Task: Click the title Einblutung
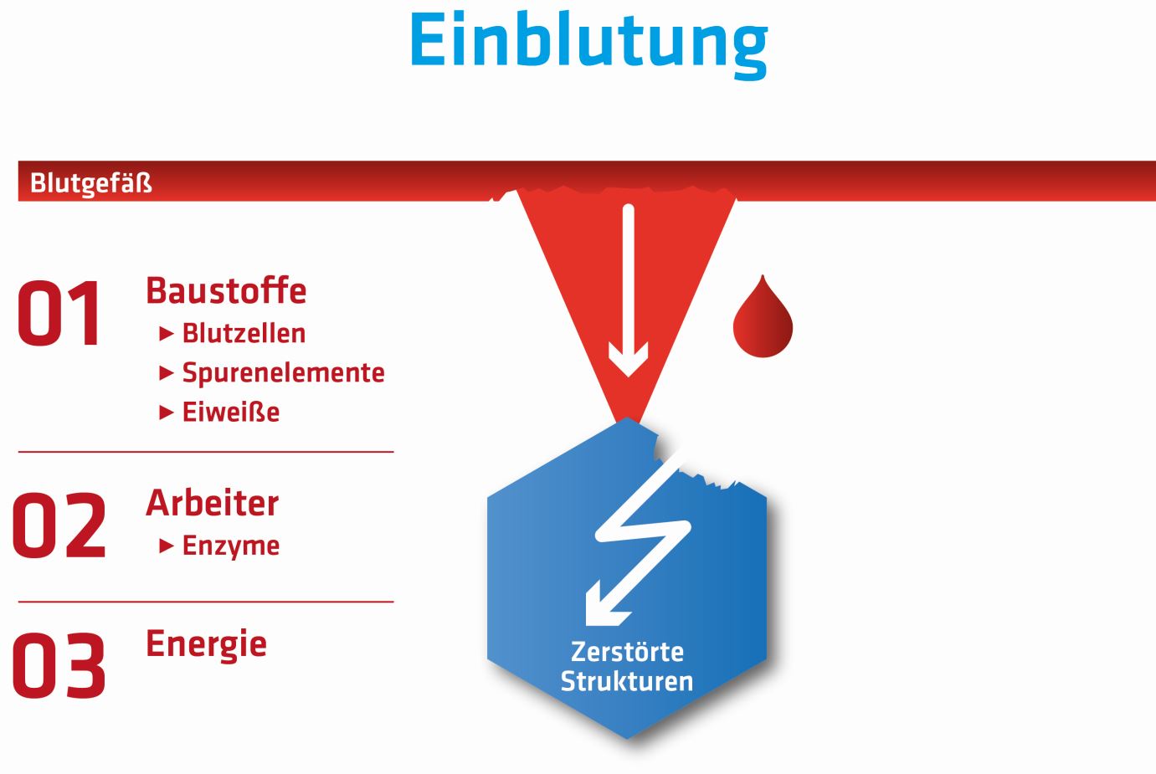[588, 41]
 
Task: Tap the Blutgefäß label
[90, 183]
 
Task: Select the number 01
[60, 314]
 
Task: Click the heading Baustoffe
[226, 291]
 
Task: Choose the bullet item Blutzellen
[244, 333]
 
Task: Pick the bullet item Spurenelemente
[283, 372]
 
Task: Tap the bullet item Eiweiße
[231, 412]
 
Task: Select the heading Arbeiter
[213, 503]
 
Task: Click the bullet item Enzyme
[231, 546]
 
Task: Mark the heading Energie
[206, 643]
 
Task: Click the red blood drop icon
[763, 320]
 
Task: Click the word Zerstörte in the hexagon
[627, 651]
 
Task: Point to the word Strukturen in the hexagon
[627, 680]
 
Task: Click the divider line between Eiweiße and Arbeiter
[206, 452]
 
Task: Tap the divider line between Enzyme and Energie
[206, 602]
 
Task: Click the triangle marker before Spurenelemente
[167, 373]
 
